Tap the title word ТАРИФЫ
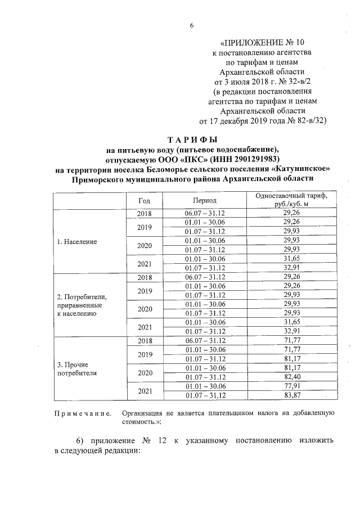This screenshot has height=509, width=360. pyautogui.click(x=192, y=139)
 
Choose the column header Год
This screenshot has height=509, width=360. pyautogui.click(x=145, y=200)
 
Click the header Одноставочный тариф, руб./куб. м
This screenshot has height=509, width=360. pyautogui.click(x=291, y=200)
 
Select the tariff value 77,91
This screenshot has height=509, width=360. pyautogui.click(x=291, y=386)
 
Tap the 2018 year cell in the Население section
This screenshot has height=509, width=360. pyautogui.click(x=145, y=214)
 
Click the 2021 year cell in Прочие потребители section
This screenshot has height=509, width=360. pyautogui.click(x=145, y=391)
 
